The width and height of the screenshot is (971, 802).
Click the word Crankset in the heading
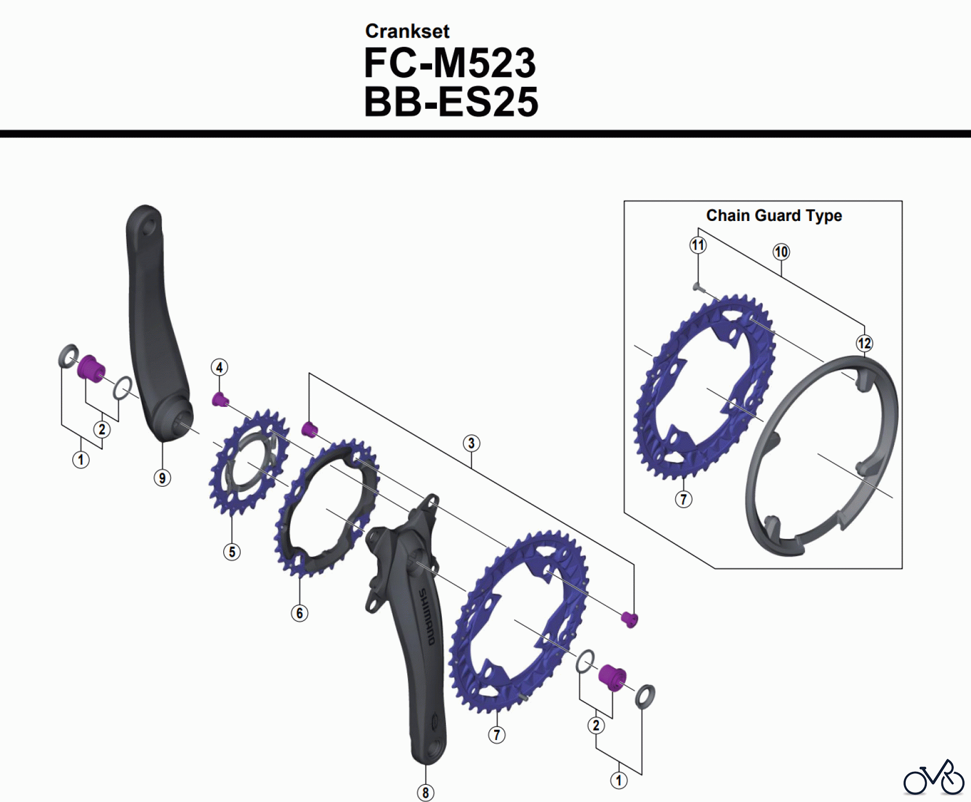pyautogui.click(x=407, y=31)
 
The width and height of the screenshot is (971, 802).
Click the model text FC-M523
pyautogui.click(x=450, y=64)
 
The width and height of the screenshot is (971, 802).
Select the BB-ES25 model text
pyautogui.click(x=451, y=102)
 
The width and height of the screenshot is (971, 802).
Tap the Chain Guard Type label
pyautogui.click(x=774, y=216)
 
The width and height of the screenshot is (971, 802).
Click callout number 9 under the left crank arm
pyautogui.click(x=162, y=478)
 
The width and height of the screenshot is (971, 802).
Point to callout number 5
pyautogui.click(x=232, y=552)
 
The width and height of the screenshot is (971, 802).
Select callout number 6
pyautogui.click(x=299, y=613)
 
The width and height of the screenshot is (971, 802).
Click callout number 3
pyautogui.click(x=471, y=443)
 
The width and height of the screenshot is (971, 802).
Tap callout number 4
pyautogui.click(x=219, y=368)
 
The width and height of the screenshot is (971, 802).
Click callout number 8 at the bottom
pyautogui.click(x=426, y=792)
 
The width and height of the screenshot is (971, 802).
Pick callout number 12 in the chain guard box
pyautogui.click(x=864, y=343)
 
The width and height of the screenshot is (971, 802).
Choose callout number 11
pyautogui.click(x=698, y=245)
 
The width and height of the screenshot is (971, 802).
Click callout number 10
pyautogui.click(x=781, y=252)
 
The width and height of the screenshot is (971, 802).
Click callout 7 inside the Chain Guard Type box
pyautogui.click(x=683, y=499)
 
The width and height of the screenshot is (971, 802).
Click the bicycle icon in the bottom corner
pyautogui.click(x=933, y=778)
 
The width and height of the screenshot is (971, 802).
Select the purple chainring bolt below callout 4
pyautogui.click(x=220, y=400)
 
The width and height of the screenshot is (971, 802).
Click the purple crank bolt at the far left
pyautogui.click(x=91, y=369)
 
